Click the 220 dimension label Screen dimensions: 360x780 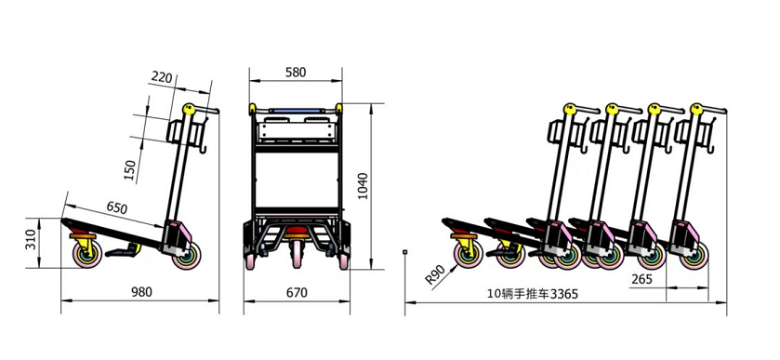point(161,78)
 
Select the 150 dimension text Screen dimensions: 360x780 point(130,169)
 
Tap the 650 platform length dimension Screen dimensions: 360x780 point(117,207)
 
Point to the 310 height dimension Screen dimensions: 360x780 point(30,239)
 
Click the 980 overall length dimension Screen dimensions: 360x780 point(140,292)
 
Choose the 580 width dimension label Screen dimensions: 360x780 point(296,72)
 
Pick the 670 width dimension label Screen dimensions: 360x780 point(296,292)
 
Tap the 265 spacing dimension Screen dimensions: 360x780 point(641,277)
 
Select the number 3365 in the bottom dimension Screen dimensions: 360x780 point(563,294)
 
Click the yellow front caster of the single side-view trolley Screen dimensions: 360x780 point(83,251)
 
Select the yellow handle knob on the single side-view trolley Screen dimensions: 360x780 point(190,109)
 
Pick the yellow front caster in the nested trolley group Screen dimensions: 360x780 point(463,251)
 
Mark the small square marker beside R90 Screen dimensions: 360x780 point(406,250)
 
